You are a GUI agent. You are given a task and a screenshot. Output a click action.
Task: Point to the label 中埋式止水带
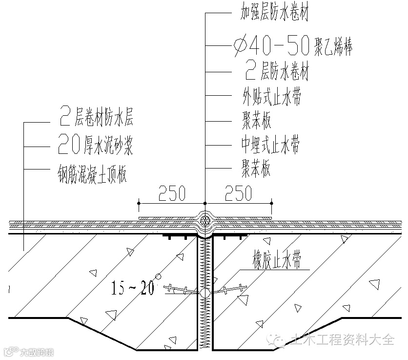(x=270, y=145)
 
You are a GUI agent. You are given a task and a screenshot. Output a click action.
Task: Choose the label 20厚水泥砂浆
(x=95, y=145)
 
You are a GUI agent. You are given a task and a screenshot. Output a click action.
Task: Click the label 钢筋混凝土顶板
(x=92, y=174)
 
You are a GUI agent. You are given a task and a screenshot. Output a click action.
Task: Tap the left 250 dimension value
(x=171, y=194)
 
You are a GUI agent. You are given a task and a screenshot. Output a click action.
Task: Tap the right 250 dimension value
(x=238, y=194)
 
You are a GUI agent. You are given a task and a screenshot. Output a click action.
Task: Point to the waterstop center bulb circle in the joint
(x=205, y=294)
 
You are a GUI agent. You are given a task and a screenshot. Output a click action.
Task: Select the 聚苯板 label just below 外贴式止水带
(x=256, y=121)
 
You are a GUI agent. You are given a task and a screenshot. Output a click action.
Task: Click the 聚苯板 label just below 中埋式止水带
(x=256, y=169)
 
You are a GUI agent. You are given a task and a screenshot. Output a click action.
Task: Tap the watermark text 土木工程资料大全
(x=342, y=339)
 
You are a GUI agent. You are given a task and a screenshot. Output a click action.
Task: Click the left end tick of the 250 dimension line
(x=139, y=202)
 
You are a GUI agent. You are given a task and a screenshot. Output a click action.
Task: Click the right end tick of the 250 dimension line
(x=271, y=202)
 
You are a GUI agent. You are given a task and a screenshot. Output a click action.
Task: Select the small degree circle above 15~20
(x=157, y=275)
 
